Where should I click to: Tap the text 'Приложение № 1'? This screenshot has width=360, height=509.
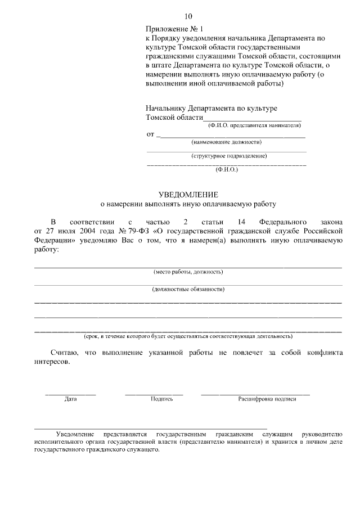pyautogui.click(x=173, y=28)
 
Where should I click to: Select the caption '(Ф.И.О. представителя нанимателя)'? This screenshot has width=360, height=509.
pyautogui.click(x=255, y=125)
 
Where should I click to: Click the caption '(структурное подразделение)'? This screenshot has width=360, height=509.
pyautogui.click(x=229, y=156)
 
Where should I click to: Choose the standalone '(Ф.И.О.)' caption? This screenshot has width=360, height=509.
pyautogui.click(x=227, y=169)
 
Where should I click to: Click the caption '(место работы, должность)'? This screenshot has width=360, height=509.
pyautogui.click(x=188, y=272)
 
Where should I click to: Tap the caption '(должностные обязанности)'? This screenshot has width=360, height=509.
pyautogui.click(x=188, y=289)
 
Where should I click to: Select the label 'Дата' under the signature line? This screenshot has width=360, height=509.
pyautogui.click(x=70, y=399)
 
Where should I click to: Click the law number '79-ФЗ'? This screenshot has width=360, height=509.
pyautogui.click(x=137, y=231)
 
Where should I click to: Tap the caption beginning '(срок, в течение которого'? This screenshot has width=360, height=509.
pyautogui.click(x=188, y=336)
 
